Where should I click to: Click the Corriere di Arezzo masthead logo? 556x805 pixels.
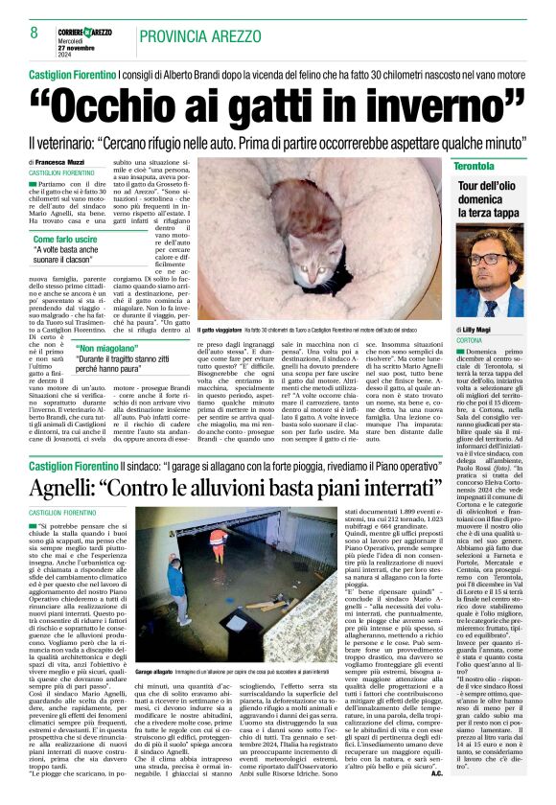[x=90, y=32]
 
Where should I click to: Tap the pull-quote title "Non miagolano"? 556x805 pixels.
[x=116, y=348]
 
